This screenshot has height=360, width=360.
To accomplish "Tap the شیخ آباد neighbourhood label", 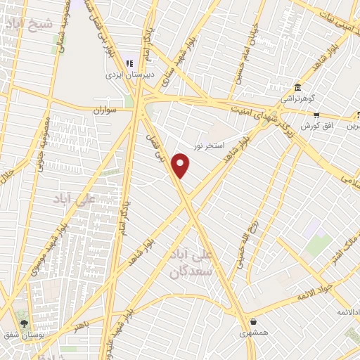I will [30, 25].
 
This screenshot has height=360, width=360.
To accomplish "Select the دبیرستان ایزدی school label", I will [129, 73].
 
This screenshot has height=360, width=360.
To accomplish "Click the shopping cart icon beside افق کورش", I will [316, 115].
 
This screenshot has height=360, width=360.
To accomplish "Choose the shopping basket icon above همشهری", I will [252, 322].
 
